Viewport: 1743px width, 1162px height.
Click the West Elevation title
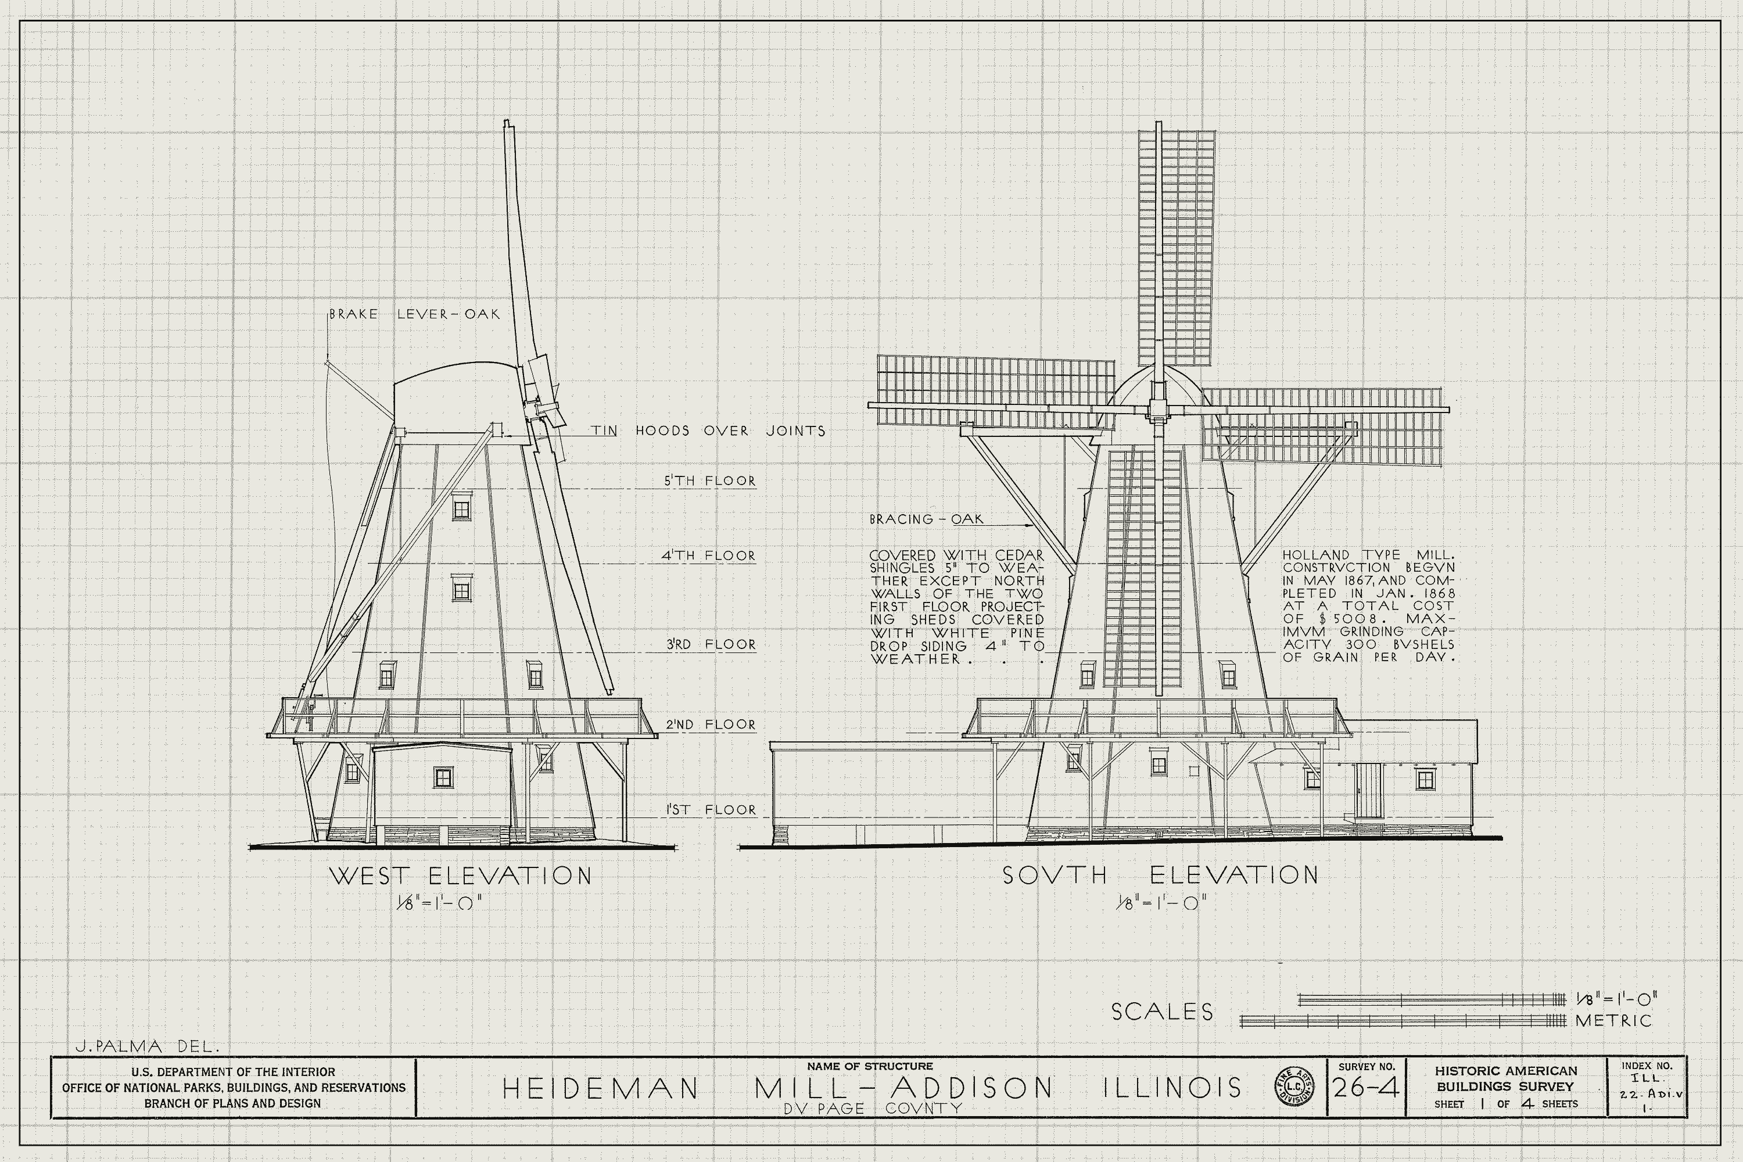coord(460,876)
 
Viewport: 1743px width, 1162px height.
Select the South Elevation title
coord(1160,875)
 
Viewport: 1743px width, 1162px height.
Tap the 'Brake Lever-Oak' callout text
coord(415,314)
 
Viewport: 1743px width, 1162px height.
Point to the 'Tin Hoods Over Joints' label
coord(708,431)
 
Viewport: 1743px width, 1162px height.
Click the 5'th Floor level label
coord(709,481)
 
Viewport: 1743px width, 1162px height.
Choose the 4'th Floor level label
coord(708,556)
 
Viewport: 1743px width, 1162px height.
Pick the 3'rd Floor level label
coord(710,645)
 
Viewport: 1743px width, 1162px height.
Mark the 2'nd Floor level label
coord(710,724)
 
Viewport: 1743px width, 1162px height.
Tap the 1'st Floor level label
coord(710,810)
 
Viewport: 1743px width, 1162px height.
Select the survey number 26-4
coord(1367,1087)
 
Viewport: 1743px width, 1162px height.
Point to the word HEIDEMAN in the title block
coord(600,1088)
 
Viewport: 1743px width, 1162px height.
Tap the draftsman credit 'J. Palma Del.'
coord(148,1046)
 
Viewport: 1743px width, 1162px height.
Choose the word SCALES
coord(1162,1012)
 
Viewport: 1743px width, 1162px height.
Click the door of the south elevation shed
coord(1369,790)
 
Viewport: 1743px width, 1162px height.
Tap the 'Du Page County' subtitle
coord(872,1109)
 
